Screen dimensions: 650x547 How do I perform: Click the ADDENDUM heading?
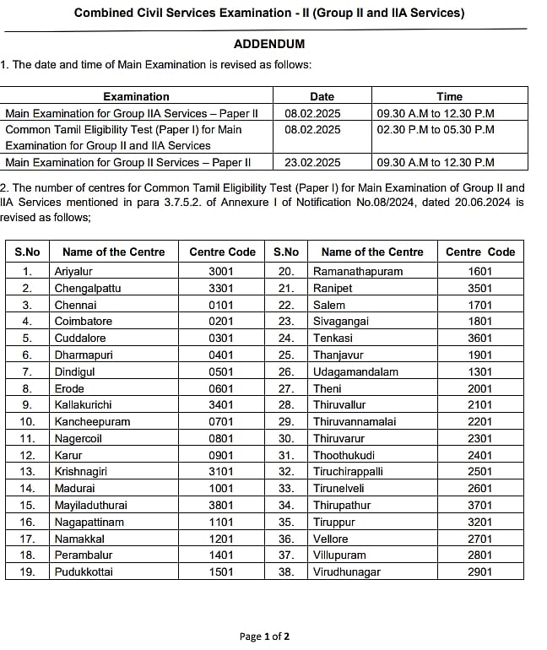coord(269,44)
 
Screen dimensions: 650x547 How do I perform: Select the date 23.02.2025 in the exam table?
coord(312,162)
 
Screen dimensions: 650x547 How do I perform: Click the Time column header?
coord(449,96)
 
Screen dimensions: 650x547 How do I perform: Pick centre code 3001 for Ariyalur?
coord(221,271)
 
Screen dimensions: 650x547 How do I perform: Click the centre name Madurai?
coord(75,488)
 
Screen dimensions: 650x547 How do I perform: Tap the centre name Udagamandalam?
coord(355,371)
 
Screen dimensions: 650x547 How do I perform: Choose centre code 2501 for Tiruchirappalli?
coord(479,471)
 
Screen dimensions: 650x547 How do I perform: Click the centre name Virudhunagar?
coord(347,571)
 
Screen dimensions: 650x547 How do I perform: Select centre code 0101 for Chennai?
coord(221,305)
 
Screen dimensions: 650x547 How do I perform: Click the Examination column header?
coord(136,96)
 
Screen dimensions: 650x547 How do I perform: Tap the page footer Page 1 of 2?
coord(264,636)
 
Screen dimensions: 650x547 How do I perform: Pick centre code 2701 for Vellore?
coord(479,538)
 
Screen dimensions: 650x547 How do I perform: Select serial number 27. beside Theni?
coord(286,387)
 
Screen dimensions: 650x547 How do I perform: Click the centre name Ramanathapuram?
coord(358,271)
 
